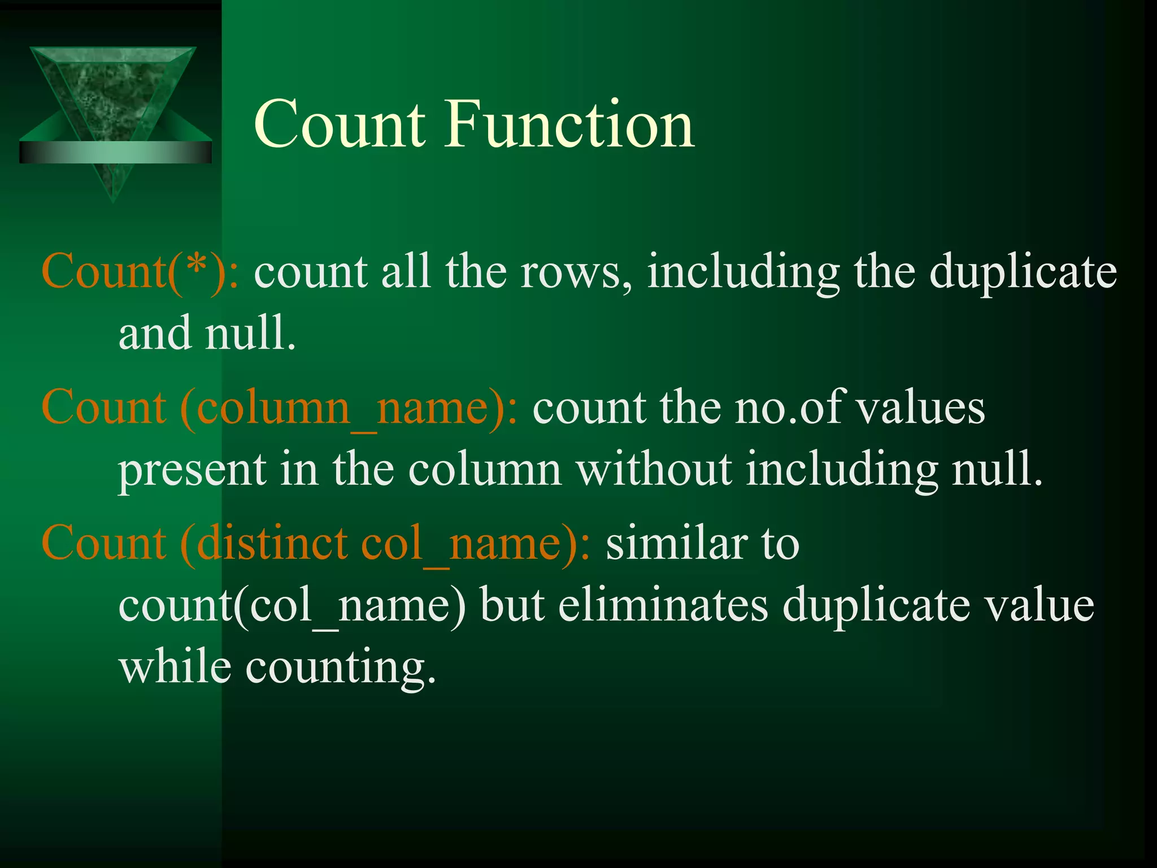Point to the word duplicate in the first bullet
(x=1023, y=272)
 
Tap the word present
(x=192, y=470)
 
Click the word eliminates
(x=663, y=606)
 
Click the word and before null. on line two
(x=155, y=335)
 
